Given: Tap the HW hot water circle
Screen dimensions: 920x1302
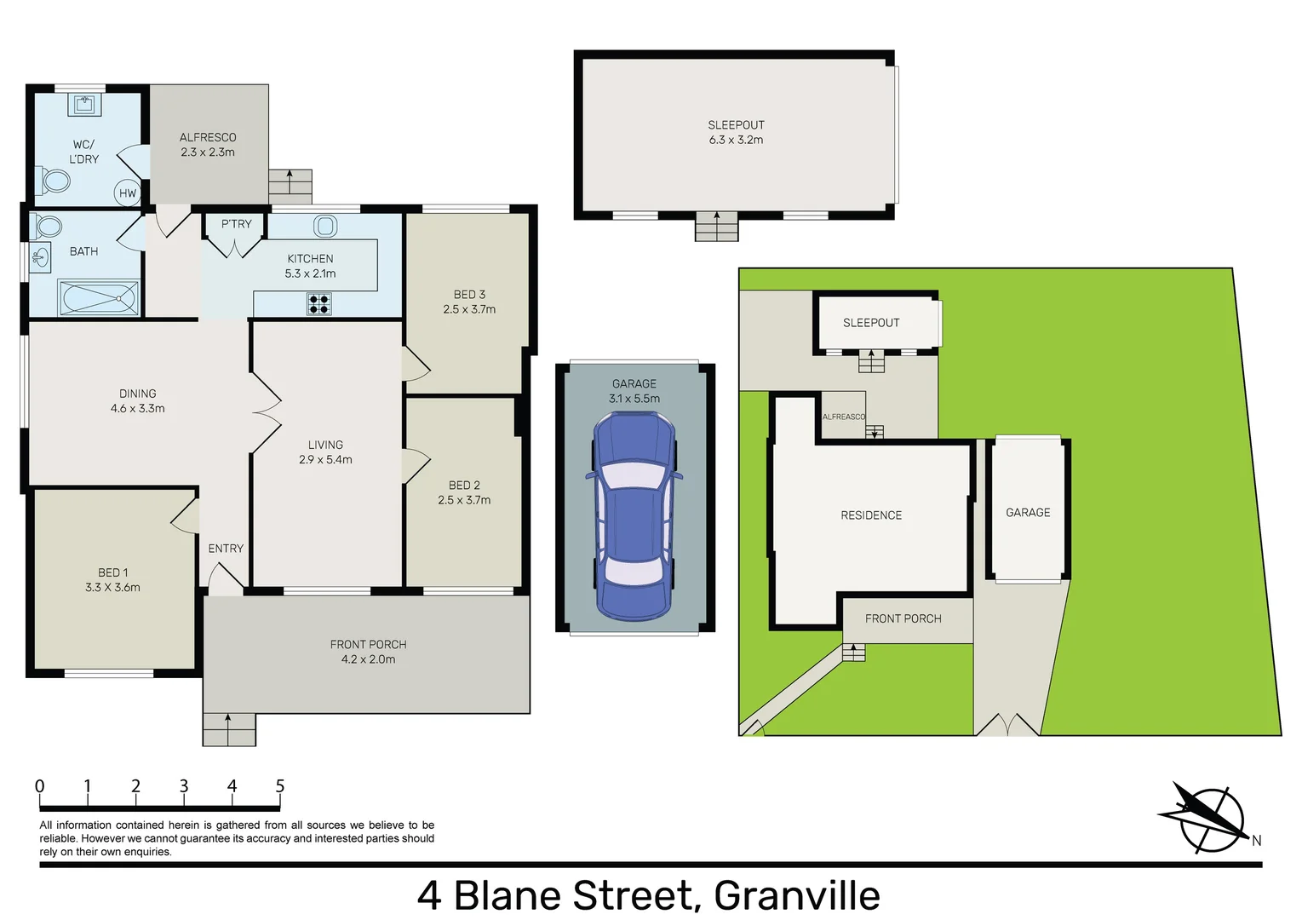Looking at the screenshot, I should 127,193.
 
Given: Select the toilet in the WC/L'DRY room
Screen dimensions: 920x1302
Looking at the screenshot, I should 55,181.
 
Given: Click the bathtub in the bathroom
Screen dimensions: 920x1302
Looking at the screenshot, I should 99,298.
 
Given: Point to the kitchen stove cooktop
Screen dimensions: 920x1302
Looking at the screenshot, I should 319,303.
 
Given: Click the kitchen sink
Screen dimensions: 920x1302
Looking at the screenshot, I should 325,226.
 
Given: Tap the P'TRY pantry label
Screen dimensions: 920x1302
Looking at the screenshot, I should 236,224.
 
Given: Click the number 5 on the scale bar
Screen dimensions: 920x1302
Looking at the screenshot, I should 279,786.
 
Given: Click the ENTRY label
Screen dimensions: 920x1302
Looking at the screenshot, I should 226,549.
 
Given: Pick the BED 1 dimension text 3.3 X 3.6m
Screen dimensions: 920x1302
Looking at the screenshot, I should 112,587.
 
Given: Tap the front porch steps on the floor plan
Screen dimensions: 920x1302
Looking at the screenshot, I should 229,729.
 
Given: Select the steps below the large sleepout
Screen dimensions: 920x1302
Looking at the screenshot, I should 716,227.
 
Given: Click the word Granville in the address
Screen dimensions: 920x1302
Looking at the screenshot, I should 796,895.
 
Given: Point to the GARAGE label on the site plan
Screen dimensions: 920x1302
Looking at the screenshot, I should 1028,513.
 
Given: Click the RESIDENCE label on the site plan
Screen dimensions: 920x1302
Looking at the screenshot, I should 871,515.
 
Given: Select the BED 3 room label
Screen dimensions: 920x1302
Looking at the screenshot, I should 469,295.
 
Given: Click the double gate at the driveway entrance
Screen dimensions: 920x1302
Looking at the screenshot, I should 1007,725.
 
